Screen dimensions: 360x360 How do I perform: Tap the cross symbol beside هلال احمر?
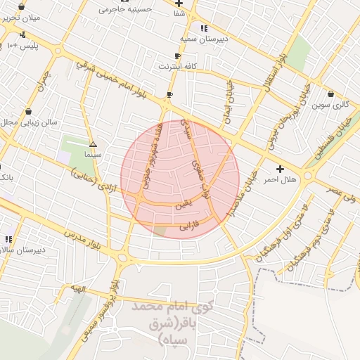click(x=281, y=169)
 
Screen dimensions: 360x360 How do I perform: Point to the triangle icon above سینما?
click(x=93, y=143)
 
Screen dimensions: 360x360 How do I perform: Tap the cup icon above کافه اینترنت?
click(x=177, y=56)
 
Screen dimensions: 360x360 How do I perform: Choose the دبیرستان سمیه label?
click(x=202, y=39)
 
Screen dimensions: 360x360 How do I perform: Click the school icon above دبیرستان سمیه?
click(x=203, y=29)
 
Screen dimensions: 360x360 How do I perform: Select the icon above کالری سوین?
click(x=330, y=94)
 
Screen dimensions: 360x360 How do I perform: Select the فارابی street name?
click(x=190, y=226)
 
